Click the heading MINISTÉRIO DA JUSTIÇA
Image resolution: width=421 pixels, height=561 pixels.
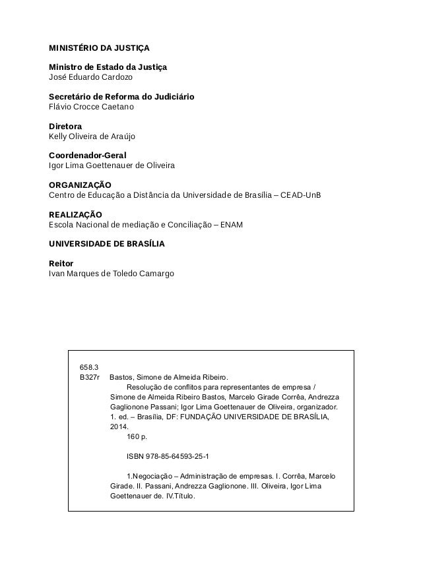click(x=100, y=48)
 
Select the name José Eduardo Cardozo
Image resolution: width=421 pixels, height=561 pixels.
click(x=86, y=77)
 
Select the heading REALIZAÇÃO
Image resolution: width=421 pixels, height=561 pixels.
click(x=76, y=214)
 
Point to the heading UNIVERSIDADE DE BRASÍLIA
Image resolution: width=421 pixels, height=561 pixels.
click(x=107, y=243)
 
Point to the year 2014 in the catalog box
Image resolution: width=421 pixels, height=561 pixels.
click(x=118, y=427)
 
